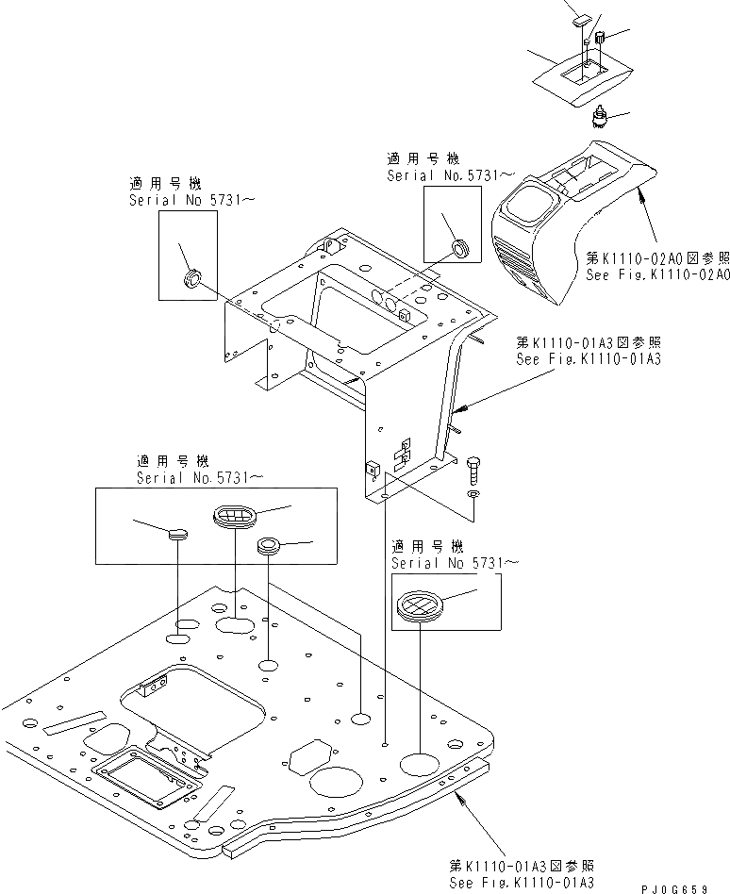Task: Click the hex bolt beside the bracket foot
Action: tap(473, 468)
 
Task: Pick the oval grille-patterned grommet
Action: tap(230, 515)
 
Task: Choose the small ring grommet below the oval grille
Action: tap(268, 544)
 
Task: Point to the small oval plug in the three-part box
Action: tap(177, 535)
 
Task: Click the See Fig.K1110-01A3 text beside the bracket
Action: tap(588, 359)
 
